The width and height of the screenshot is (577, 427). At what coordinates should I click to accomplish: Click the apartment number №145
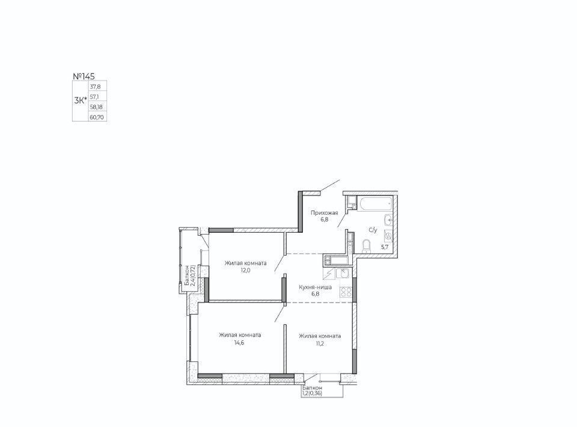click(84, 76)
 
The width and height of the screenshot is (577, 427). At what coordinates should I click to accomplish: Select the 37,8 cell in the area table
click(96, 87)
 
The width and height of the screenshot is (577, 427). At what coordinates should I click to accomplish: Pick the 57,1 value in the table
click(95, 97)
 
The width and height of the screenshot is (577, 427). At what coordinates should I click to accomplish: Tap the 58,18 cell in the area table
click(96, 107)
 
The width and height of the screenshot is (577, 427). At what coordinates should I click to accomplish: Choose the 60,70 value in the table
click(97, 117)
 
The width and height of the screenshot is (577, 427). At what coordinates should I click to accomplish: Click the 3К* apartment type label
click(81, 100)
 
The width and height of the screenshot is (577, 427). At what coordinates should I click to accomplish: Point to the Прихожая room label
click(324, 213)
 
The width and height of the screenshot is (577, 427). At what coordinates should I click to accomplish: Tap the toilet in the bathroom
click(367, 246)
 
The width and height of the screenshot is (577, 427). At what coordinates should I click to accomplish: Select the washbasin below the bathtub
click(389, 220)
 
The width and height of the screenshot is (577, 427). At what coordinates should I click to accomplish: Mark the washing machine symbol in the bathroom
click(388, 235)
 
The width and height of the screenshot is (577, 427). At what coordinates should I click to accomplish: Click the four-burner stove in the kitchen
click(346, 292)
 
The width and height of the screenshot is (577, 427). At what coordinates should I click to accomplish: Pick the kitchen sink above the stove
click(343, 274)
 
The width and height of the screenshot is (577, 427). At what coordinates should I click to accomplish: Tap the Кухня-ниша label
click(316, 287)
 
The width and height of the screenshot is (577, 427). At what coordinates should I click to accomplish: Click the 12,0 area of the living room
click(245, 270)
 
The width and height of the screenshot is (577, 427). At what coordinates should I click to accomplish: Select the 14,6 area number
click(240, 342)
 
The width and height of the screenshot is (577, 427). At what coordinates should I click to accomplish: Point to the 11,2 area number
click(320, 343)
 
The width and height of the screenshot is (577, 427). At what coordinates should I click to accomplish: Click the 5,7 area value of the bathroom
click(385, 247)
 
